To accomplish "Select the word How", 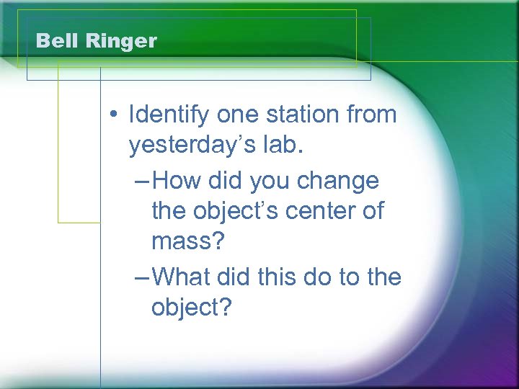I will [176, 179].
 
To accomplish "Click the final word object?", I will [192, 308].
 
